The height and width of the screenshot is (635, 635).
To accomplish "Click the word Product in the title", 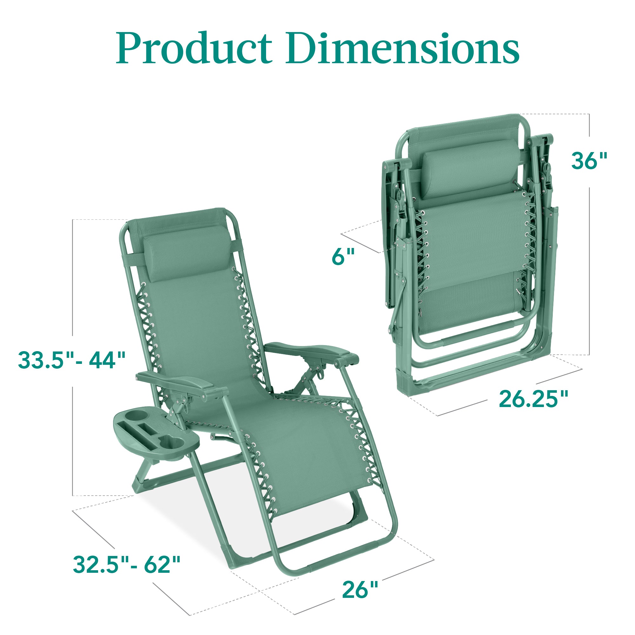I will [194, 48].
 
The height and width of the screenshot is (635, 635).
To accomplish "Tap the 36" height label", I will [589, 161].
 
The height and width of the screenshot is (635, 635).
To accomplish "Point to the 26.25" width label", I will [533, 399].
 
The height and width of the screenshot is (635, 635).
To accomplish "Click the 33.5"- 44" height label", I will [72, 360].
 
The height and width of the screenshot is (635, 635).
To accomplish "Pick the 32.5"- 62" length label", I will [127, 565].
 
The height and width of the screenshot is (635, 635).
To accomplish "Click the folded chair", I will [473, 256].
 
